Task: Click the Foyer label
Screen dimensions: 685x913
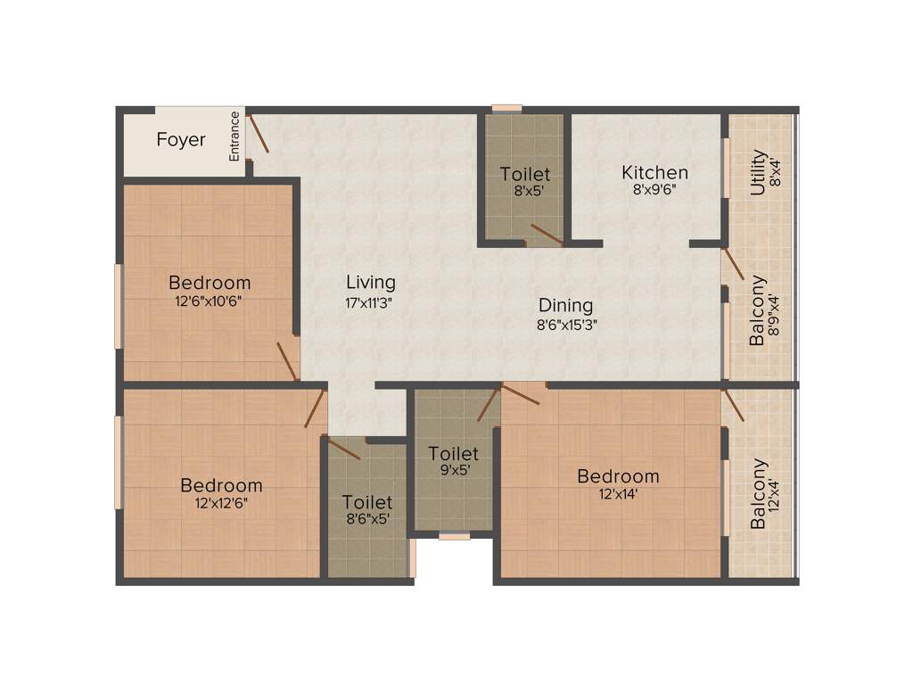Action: pos(181,140)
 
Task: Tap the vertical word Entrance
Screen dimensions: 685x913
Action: pos(235,136)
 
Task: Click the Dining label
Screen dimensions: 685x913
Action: pos(566,306)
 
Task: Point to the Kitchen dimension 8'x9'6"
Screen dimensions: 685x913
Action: pos(654,189)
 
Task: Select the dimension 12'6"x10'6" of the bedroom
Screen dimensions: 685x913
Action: pos(210,301)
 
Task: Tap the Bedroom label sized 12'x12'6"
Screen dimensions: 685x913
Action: pos(221,485)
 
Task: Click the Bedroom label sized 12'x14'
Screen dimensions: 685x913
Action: pos(618,475)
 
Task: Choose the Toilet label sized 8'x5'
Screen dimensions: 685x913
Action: pos(525,174)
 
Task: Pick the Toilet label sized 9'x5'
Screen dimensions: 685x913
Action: pos(453,453)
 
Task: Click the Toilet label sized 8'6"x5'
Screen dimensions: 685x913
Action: pos(367,503)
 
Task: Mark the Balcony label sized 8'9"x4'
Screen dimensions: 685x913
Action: pos(757,310)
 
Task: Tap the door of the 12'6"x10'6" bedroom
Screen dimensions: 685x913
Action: pos(287,359)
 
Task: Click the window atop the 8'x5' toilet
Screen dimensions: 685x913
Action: pos(507,109)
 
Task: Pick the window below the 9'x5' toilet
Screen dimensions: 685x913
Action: pos(455,536)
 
